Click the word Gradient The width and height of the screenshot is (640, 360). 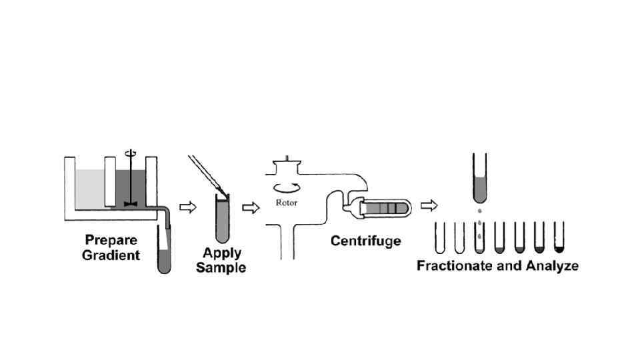click(x=111, y=255)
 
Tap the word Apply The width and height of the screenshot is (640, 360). click(x=222, y=253)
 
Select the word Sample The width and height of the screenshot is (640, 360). click(x=221, y=267)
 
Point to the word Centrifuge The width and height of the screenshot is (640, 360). click(x=365, y=240)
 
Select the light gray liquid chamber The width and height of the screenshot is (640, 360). click(x=90, y=189)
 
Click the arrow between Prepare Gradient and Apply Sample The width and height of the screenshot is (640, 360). click(x=189, y=207)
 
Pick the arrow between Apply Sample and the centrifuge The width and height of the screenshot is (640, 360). click(x=250, y=207)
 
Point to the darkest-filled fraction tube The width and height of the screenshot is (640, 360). click(x=559, y=239)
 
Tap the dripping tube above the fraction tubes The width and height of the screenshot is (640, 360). click(x=479, y=177)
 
